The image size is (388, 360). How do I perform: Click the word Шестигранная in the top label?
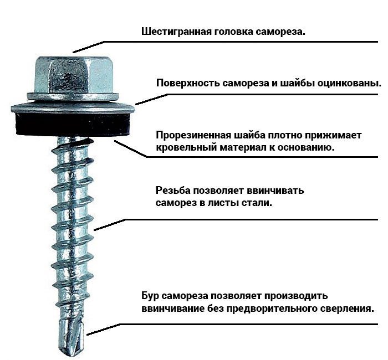pos(176,32)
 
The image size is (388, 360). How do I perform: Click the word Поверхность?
pos(188,83)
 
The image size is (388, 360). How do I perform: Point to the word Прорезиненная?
pos(193,136)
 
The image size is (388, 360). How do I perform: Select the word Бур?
pos(150,296)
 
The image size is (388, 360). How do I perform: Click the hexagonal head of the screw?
pos(73,75)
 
